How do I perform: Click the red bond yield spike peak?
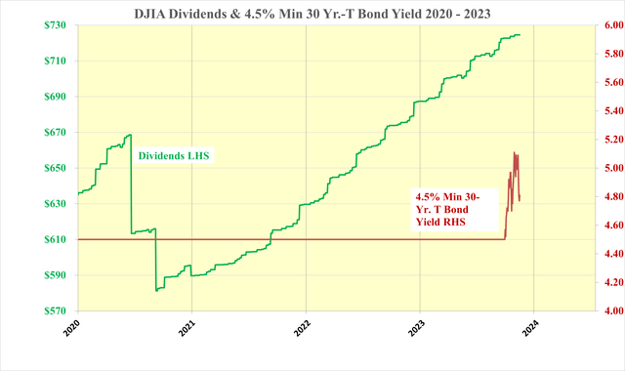point(515,152)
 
